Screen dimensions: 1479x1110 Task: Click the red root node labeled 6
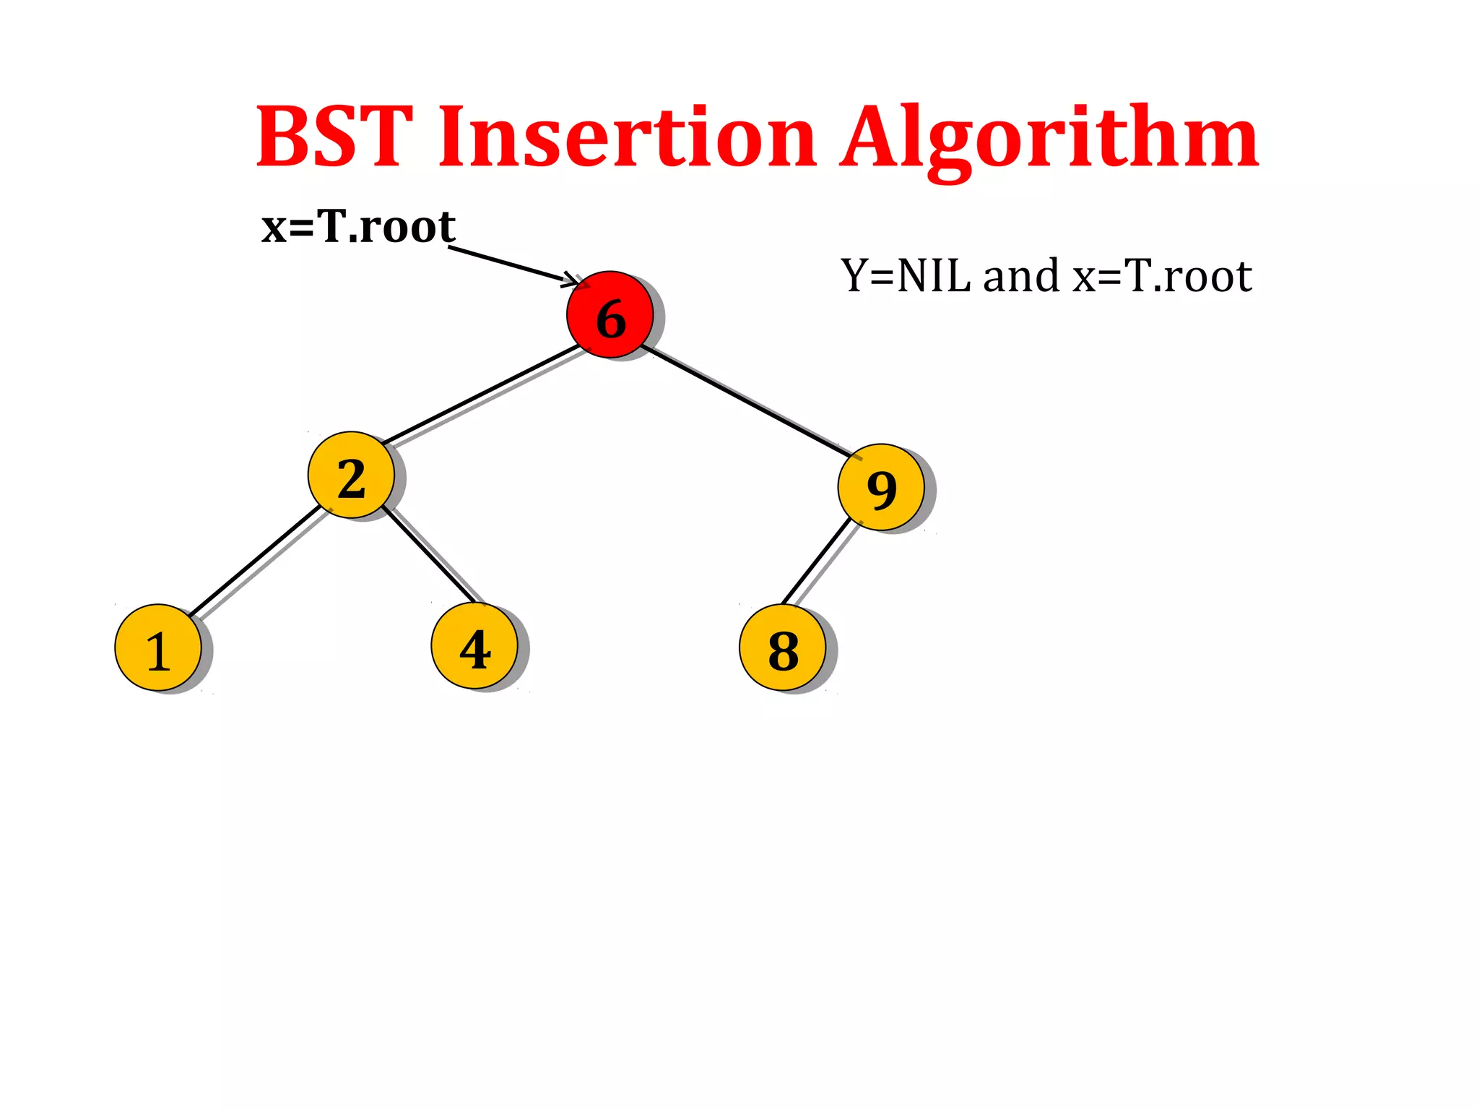[610, 314]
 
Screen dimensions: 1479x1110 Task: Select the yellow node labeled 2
[351, 475]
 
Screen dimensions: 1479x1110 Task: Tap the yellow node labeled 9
[881, 487]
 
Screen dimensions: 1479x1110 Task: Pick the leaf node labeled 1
[158, 647]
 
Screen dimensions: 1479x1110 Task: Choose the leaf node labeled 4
[474, 646]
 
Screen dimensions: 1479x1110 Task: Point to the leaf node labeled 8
[783, 647]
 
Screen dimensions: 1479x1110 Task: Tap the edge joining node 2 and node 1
[254, 561]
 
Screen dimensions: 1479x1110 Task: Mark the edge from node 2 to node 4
[429, 555]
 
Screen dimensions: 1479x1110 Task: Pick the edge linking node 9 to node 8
[817, 561]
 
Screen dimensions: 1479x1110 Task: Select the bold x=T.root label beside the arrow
[358, 227]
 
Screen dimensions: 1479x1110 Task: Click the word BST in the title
[335, 137]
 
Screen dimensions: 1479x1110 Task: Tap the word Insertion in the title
[627, 137]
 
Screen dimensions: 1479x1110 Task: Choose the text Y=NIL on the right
[906, 276]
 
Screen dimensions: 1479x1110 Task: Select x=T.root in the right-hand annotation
[1162, 276]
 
